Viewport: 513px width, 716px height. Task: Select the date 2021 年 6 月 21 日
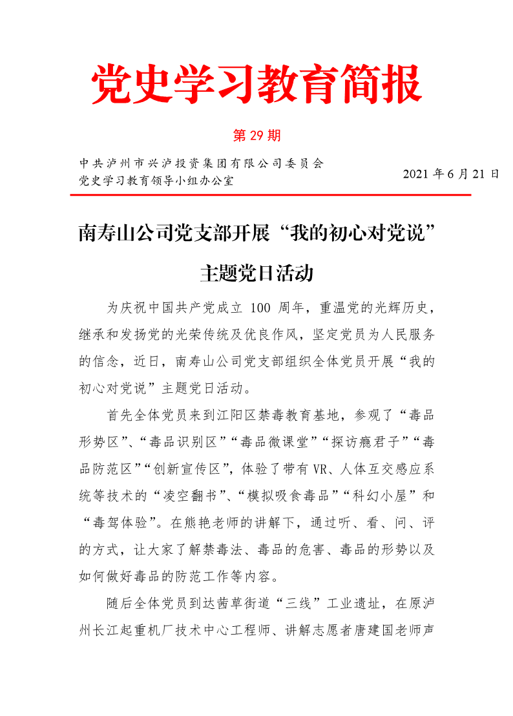pyautogui.click(x=451, y=174)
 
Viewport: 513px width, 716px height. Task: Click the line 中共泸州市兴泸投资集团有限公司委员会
pyautogui.click(x=200, y=163)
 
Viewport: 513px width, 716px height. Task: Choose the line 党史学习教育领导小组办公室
pyautogui.click(x=156, y=180)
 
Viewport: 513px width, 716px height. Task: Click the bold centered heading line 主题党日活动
pyautogui.click(x=256, y=273)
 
